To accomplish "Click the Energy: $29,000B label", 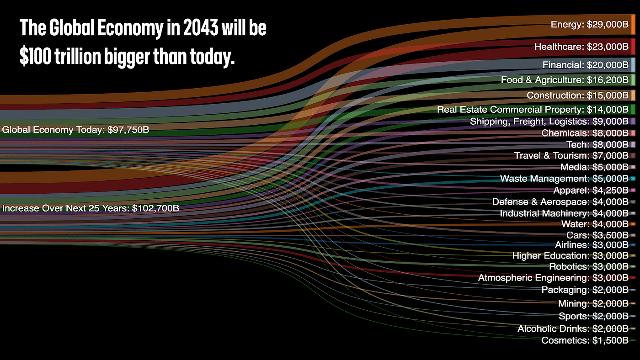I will tap(589, 25).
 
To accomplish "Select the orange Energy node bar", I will tap(633, 24).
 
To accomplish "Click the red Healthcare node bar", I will tap(633, 47).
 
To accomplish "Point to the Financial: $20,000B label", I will tap(585, 65).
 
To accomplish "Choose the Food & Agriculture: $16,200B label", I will tap(565, 80).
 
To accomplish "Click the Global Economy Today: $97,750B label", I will tap(75, 130).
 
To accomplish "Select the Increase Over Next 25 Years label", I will tap(91, 208).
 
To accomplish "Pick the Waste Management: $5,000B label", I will tap(564, 179).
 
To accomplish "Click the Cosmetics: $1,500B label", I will tap(585, 340).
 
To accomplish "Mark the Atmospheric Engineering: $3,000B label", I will tap(553, 278).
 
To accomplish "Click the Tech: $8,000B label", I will tap(597, 145).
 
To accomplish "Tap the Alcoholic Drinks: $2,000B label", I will tap(573, 329).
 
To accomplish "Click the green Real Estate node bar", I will tap(633, 110).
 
